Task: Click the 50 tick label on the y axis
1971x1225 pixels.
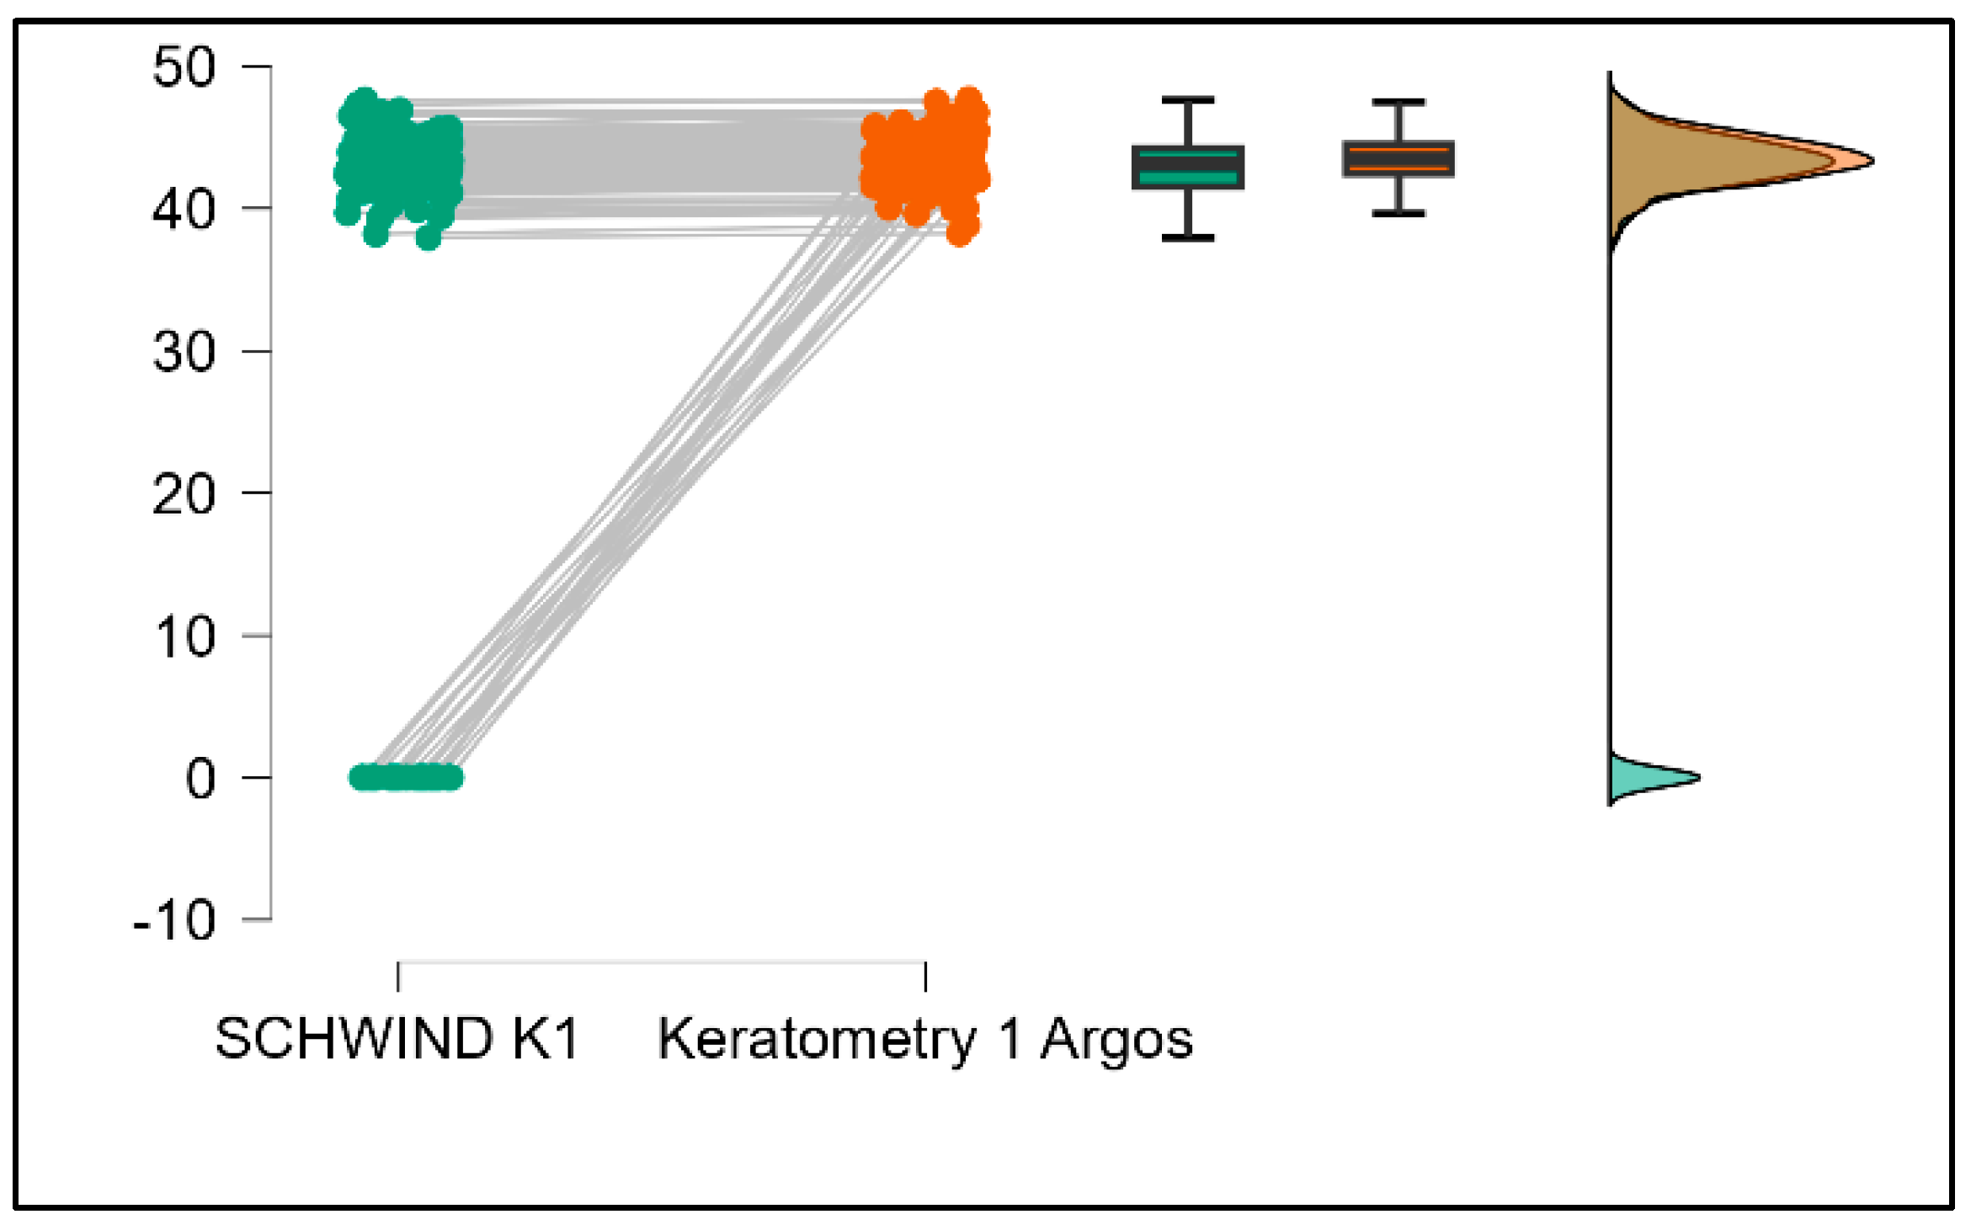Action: [184, 67]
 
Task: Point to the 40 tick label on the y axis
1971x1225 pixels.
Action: [184, 210]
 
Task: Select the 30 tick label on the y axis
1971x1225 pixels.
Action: [184, 352]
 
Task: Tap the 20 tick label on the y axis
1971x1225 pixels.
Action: [184, 494]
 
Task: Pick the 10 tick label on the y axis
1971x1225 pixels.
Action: [184, 637]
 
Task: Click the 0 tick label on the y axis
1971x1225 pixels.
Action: [200, 779]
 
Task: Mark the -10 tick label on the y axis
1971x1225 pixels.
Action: [174, 921]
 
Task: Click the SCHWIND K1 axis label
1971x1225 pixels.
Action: [397, 1038]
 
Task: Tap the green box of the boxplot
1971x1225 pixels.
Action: [1187, 167]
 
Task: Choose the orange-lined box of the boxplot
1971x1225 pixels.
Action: [1398, 158]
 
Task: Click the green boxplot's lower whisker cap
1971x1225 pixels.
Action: [1187, 238]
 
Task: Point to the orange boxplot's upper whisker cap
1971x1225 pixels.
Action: [1398, 102]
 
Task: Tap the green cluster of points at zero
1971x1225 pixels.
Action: [406, 776]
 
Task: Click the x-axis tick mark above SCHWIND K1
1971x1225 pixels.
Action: [398, 977]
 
